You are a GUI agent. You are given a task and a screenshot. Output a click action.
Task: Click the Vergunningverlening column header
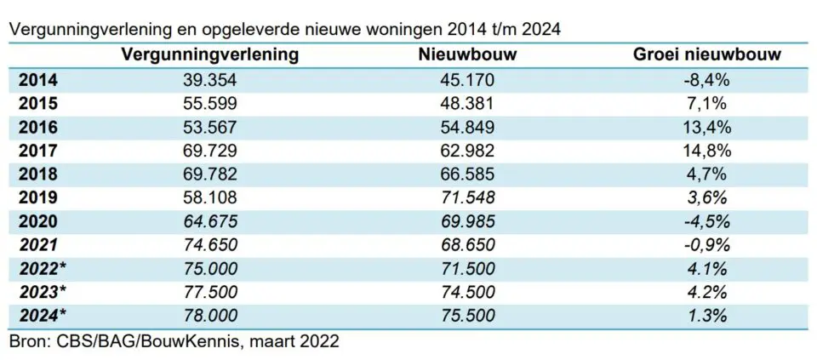[210, 55]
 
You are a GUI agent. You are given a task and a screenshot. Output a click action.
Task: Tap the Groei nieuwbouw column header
[708, 55]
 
